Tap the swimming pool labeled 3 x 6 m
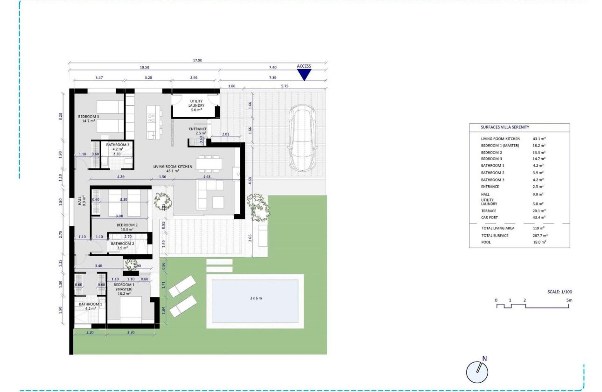(x=255, y=301)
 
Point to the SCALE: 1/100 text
(x=560, y=292)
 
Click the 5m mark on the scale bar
(x=569, y=300)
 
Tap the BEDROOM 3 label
(x=89, y=117)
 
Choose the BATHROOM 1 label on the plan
(x=87, y=304)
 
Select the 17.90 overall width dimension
(x=198, y=60)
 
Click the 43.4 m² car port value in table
(x=539, y=217)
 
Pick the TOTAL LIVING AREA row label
(x=497, y=228)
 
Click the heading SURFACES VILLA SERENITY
(x=505, y=127)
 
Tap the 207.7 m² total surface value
(x=540, y=236)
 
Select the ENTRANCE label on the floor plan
(x=198, y=129)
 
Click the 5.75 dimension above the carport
(x=284, y=86)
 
